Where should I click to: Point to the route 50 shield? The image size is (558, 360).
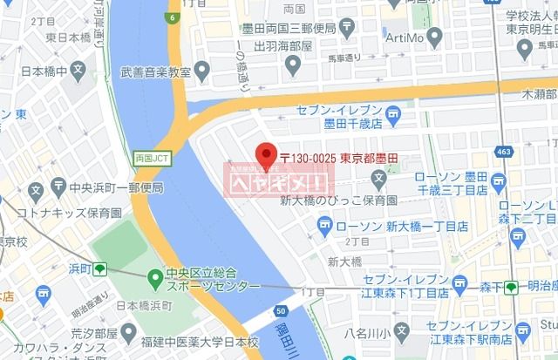279,311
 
